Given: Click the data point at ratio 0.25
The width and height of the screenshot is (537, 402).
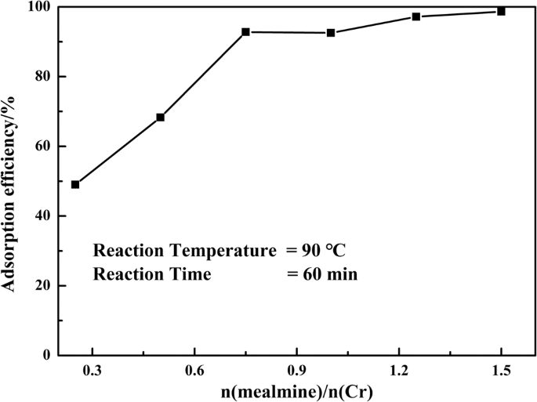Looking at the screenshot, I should (x=75, y=185).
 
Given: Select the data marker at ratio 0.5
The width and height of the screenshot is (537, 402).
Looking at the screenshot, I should (x=161, y=118).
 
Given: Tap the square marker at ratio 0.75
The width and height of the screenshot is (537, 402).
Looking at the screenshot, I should (x=245, y=32).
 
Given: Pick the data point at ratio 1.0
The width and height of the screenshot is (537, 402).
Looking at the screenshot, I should (x=331, y=33).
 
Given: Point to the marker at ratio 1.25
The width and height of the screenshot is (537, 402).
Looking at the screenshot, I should (x=416, y=16).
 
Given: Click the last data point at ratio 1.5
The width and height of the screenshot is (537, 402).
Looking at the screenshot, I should (x=501, y=11).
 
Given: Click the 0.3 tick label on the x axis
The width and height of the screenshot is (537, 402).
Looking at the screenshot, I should (x=93, y=372).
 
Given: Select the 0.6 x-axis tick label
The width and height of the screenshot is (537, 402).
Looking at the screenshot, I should (x=194, y=372).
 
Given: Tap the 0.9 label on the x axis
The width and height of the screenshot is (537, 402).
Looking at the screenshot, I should (x=296, y=372).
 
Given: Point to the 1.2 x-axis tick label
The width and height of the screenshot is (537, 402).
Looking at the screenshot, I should (x=398, y=372).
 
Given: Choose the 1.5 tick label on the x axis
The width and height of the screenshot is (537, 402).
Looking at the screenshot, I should (x=501, y=372).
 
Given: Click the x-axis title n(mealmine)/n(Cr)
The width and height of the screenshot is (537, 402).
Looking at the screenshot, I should (x=296, y=390).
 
